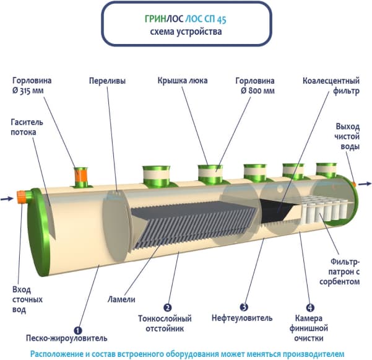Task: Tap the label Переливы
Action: pos(107,81)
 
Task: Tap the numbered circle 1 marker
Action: pos(78,330)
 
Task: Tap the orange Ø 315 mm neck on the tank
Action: pos(81,175)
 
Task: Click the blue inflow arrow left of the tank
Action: pos(7,199)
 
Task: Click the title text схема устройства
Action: pos(186,32)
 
